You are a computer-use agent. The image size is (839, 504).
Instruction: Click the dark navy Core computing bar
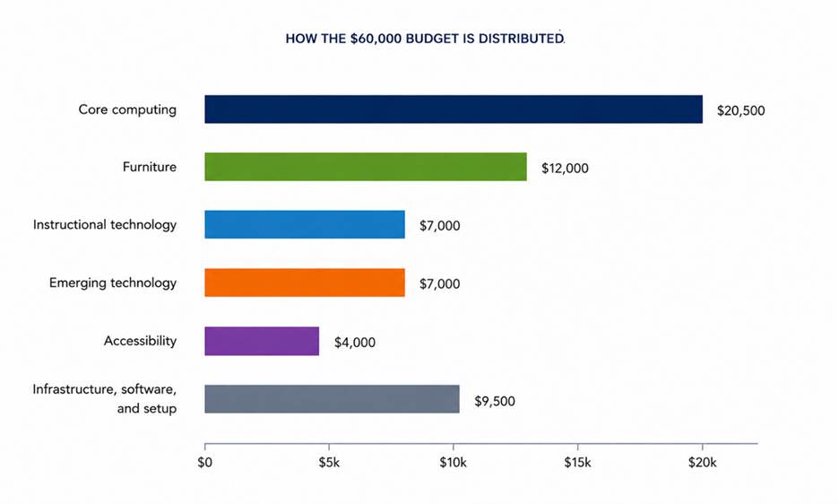[454, 109]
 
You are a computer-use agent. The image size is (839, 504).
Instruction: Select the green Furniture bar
[366, 167]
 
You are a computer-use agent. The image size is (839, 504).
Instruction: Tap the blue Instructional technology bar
[305, 224]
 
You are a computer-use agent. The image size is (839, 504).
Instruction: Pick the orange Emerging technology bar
[305, 282]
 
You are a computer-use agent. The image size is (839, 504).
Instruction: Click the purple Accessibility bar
[262, 341]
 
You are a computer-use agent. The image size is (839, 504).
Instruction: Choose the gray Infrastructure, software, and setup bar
[332, 399]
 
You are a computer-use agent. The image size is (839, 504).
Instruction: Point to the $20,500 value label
[741, 110]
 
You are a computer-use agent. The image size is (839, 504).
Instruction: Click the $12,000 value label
[565, 169]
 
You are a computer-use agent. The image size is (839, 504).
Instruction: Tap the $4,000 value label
[355, 343]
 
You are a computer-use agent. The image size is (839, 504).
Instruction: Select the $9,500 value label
[495, 401]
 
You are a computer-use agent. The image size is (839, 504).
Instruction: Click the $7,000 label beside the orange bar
[440, 284]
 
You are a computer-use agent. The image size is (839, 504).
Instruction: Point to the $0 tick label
[205, 462]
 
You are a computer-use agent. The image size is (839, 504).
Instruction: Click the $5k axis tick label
[329, 462]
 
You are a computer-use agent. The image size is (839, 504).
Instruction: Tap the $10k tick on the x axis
[454, 462]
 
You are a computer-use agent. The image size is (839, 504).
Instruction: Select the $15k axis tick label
[577, 462]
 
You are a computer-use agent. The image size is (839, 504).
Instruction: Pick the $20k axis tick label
[702, 462]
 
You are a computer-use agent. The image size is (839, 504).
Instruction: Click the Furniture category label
[150, 167]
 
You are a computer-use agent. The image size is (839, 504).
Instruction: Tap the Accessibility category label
[140, 341]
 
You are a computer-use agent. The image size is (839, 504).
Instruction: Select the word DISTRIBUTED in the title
[521, 39]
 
